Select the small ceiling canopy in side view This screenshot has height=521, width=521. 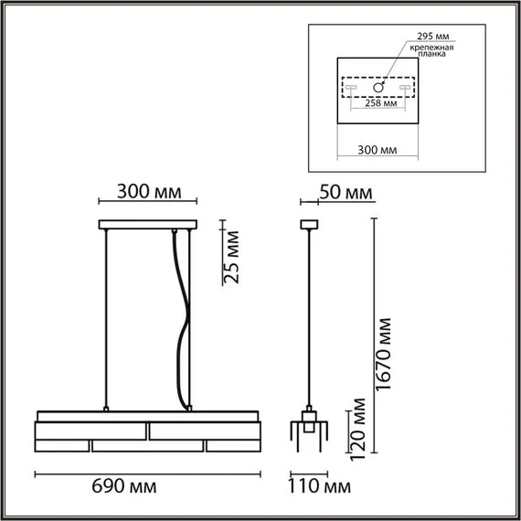point(307,224)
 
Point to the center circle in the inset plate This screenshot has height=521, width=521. point(377,88)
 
